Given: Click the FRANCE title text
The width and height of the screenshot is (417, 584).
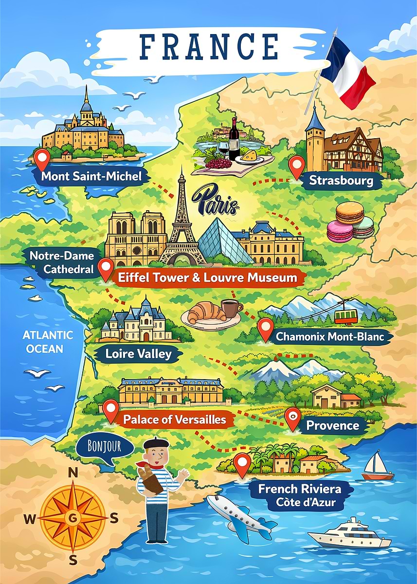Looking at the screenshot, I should click(208, 46).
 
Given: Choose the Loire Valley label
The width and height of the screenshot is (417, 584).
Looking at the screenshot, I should click(139, 354).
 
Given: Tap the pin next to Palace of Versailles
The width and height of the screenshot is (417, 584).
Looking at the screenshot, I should click(111, 410).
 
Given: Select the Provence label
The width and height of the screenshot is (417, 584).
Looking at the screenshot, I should click(332, 426).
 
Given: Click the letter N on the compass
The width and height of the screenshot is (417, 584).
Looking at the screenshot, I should click(73, 473).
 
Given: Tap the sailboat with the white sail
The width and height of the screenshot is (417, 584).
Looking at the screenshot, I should click(378, 466).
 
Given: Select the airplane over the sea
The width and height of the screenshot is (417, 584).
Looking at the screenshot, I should click(241, 514).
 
